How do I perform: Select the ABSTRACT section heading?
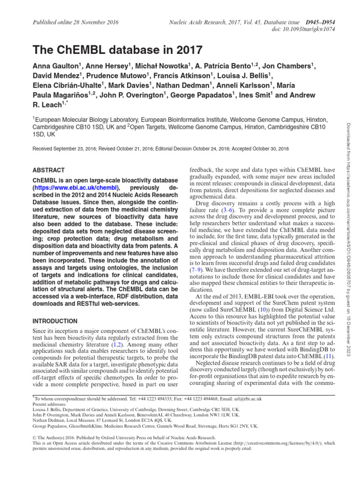(49, 170)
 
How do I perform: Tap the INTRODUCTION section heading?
(55, 321)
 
